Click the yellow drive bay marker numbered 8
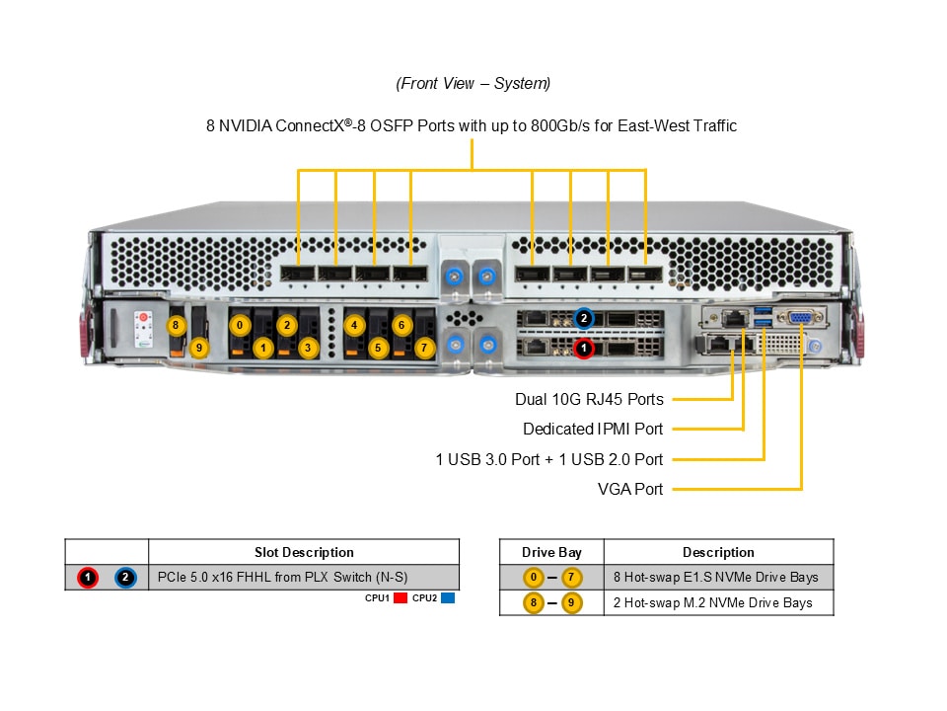click(x=176, y=325)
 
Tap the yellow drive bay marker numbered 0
click(x=240, y=325)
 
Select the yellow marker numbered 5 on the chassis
click(x=378, y=348)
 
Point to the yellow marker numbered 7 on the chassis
click(x=424, y=348)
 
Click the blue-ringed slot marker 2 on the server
click(x=584, y=318)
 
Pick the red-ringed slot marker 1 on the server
click(x=584, y=348)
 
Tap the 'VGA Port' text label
click(x=630, y=489)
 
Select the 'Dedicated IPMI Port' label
click(x=593, y=430)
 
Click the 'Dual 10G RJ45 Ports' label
click(x=589, y=400)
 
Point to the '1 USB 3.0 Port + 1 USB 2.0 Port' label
click(x=549, y=459)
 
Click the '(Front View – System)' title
click(x=473, y=84)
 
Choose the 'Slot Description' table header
click(x=304, y=552)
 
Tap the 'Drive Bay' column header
click(x=552, y=552)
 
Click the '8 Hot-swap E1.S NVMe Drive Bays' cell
click(x=715, y=577)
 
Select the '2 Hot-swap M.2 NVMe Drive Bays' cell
click(x=712, y=602)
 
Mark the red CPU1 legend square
click(x=401, y=598)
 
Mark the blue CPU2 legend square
click(x=448, y=598)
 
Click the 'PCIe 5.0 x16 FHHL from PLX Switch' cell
click(x=283, y=577)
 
